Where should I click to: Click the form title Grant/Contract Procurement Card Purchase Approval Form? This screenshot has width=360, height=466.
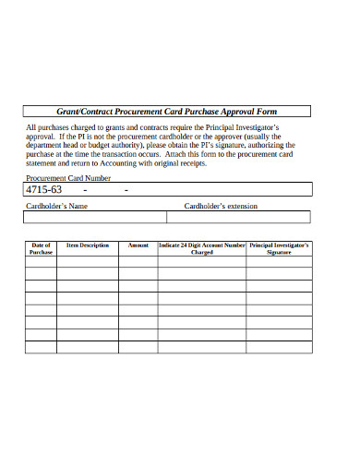(x=168, y=111)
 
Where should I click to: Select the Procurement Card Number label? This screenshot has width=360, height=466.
(x=68, y=177)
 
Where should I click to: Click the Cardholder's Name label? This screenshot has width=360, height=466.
(x=56, y=206)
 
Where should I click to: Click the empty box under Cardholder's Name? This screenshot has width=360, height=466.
(x=95, y=218)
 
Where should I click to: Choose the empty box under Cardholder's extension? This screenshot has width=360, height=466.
(x=239, y=218)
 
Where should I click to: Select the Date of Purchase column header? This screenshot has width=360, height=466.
(x=41, y=248)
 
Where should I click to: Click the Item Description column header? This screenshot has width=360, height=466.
(x=88, y=245)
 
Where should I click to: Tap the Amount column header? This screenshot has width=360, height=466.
(x=138, y=245)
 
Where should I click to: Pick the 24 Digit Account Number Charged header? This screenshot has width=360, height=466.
(x=202, y=248)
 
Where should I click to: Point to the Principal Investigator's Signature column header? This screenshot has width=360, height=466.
(x=280, y=248)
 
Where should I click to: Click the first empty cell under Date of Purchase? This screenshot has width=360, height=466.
(x=41, y=261)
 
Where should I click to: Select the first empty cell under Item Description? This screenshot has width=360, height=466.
(x=88, y=261)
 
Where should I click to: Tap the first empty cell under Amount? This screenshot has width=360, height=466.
(x=138, y=261)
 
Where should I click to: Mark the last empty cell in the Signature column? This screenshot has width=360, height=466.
(x=280, y=347)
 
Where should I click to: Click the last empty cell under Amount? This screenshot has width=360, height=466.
(x=138, y=347)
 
